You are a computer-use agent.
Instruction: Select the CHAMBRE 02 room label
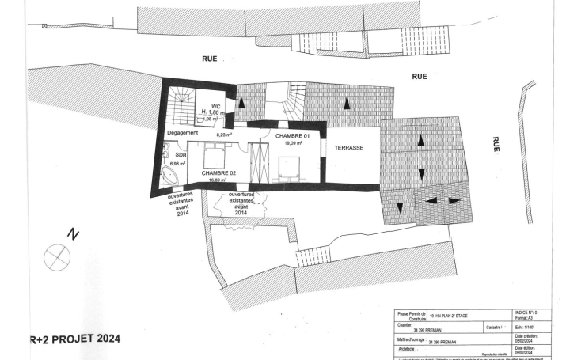[x=218, y=172]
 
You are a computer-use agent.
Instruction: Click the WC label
[x=215, y=106]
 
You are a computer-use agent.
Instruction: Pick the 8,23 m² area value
[x=224, y=135]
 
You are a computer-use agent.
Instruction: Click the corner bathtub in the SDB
[x=169, y=175]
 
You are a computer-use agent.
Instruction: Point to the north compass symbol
[x=58, y=255]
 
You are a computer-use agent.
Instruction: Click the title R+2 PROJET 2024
[x=75, y=339]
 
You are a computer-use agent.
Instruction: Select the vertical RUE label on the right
[x=496, y=143]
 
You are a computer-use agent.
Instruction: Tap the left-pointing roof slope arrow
[x=433, y=201]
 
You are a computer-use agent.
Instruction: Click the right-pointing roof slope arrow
[x=454, y=201]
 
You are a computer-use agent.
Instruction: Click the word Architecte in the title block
[x=408, y=348]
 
